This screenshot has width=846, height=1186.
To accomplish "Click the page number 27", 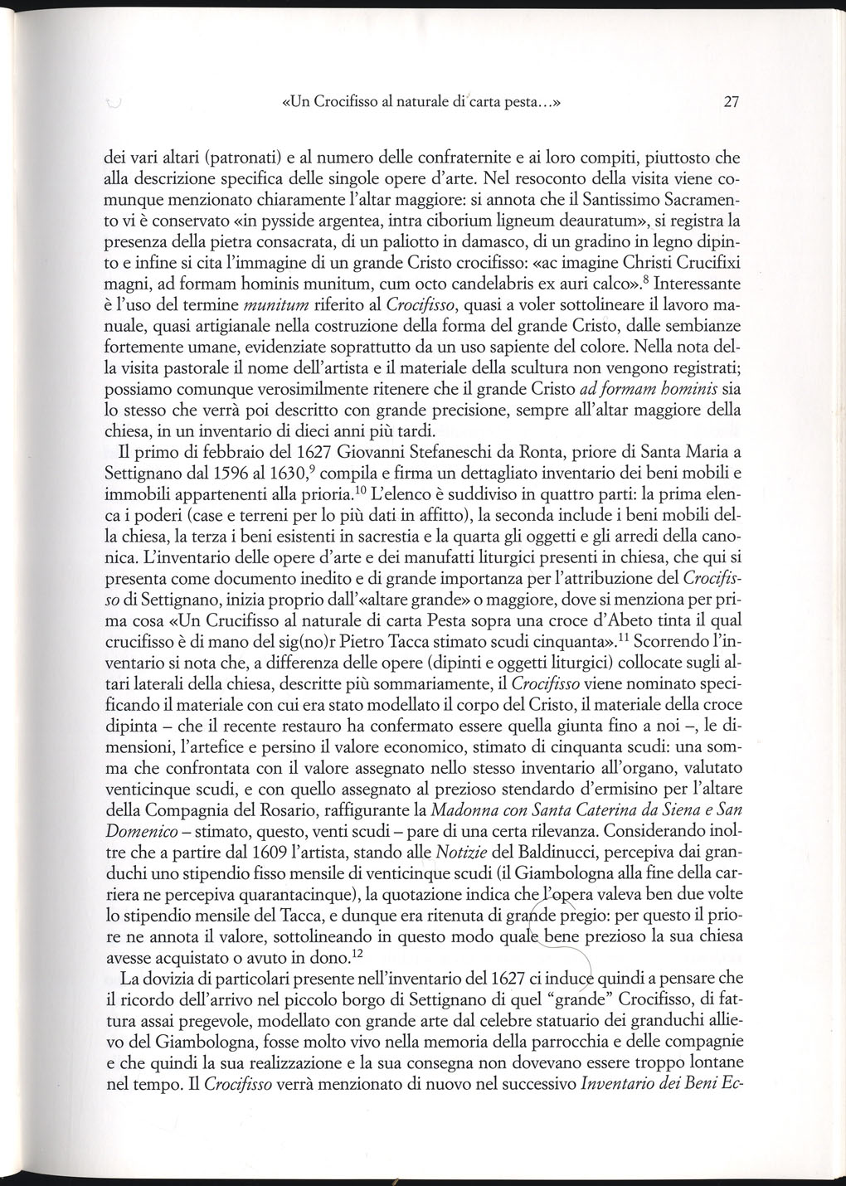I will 731,103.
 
